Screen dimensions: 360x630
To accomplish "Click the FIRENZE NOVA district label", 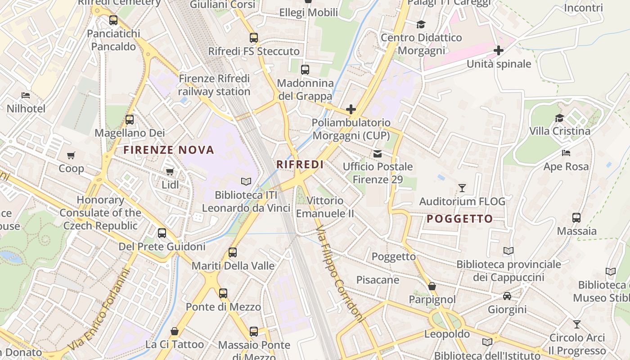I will tap(169, 150).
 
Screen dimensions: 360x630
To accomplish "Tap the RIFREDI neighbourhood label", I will tap(300, 165).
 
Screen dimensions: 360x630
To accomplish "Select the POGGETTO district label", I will tap(459, 219).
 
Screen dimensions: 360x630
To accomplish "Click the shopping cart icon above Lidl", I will tap(170, 171).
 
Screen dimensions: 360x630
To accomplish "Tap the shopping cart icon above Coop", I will tap(71, 155).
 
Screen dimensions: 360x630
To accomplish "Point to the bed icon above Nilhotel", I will tap(26, 95).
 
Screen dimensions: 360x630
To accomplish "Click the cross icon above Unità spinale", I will tap(499, 50).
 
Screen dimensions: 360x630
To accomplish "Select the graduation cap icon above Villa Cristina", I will tap(559, 118).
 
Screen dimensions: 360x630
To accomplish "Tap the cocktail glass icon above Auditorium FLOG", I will tap(462, 188).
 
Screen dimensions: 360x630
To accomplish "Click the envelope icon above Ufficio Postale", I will tap(377, 154).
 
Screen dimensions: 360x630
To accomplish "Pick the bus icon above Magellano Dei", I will tap(130, 120).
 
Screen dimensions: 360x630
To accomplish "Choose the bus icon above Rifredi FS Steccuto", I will tap(254, 38).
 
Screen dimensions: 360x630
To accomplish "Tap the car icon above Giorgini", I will tap(507, 296).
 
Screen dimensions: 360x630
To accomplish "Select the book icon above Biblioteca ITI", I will tap(246, 182).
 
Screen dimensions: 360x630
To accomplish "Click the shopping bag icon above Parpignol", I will tap(432, 286).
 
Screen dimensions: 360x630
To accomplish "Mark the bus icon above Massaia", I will tap(576, 218).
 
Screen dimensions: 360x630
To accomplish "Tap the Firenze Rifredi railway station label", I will tap(214, 85).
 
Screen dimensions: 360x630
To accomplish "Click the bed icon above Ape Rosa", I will tap(566, 153).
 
